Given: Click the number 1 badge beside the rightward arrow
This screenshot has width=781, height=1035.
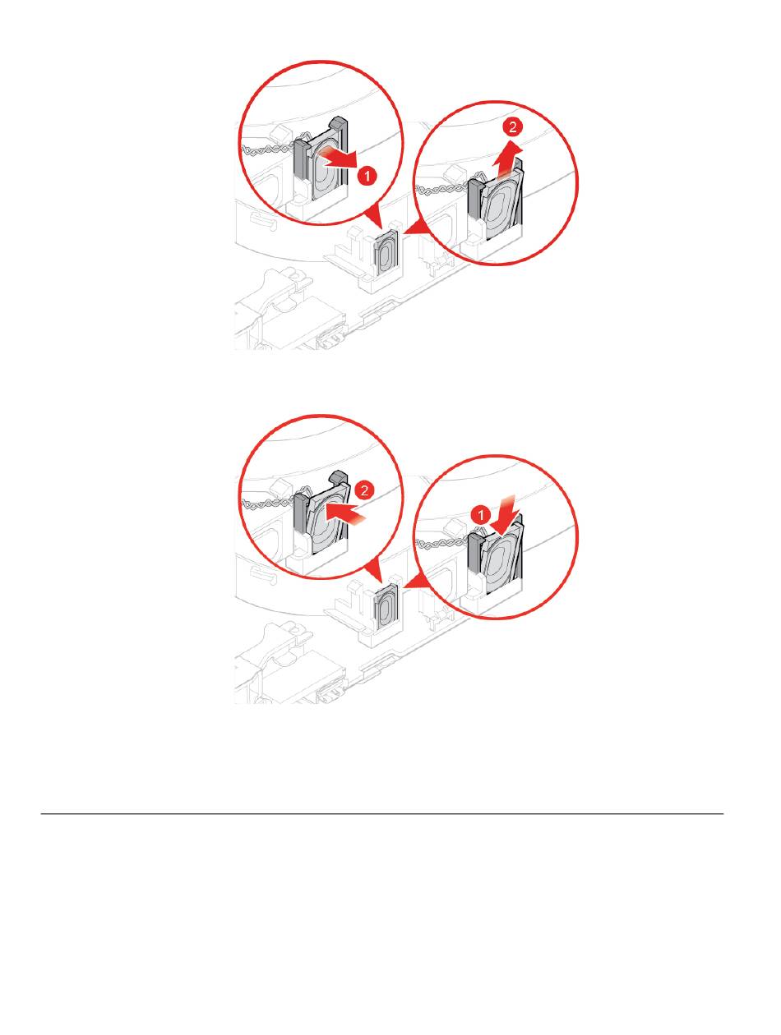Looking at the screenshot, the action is pos(366,177).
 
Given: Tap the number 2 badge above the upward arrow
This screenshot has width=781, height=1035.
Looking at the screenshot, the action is pos(512,127).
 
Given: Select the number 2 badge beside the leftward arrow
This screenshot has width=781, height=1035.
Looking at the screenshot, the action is pos(364,490).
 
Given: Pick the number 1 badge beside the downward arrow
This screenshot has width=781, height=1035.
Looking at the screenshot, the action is pos(481,514).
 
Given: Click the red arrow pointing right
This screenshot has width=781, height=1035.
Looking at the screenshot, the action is pos(337,159).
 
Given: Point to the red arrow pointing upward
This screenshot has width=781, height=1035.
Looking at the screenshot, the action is pos(507,159).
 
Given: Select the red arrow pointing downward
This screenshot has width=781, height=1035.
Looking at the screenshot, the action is pos(505,515).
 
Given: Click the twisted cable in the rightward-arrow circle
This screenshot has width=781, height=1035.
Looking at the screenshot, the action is pos(266,150).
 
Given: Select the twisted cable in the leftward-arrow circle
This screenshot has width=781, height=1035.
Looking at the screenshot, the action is pos(266,504).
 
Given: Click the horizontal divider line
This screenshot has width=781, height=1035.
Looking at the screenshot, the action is pos(381,813).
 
